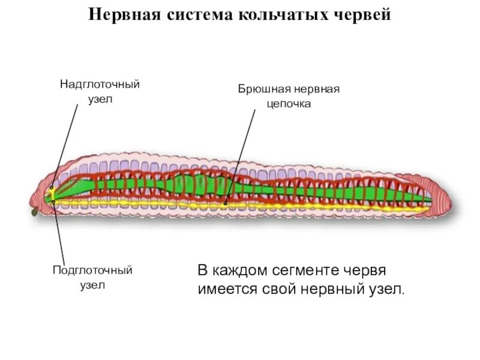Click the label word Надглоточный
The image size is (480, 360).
100,84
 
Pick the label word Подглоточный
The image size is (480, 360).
92,271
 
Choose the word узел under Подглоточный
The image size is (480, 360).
92,285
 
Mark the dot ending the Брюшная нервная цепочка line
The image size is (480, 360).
226,203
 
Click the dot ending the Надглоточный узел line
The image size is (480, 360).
52,187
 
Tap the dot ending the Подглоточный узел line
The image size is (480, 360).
53,202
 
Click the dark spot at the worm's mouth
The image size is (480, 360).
34,211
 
